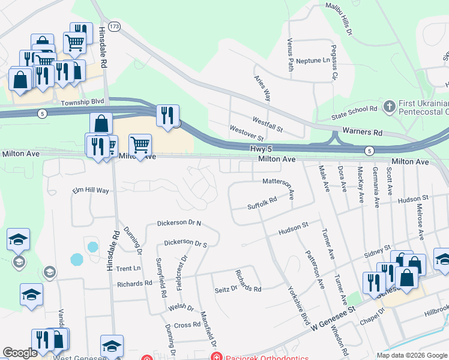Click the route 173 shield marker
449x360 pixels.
point(115,26)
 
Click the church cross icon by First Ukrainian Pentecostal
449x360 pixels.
point(390,106)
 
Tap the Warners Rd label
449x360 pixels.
point(363,131)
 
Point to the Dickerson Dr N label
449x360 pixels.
point(179,223)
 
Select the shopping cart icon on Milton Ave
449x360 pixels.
point(140,145)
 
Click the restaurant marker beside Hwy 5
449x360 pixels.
point(167,114)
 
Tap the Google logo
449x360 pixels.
point(20,353)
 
